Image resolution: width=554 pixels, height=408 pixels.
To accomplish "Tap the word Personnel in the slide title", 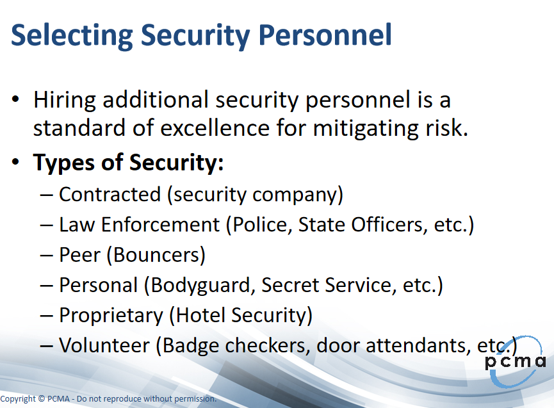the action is pos(325,35).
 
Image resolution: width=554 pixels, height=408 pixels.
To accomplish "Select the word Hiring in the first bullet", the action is pos(64,101).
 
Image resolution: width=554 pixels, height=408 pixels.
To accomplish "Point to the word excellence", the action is pos(215,127).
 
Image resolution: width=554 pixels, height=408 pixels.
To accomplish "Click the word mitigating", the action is pos(366,129).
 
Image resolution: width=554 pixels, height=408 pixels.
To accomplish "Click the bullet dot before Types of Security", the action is pos(15,162).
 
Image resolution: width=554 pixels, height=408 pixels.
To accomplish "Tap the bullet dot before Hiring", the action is pos(15,99).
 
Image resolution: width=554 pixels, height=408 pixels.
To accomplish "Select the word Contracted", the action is pos(110,194).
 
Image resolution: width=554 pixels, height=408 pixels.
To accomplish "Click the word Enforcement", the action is pos(160,225).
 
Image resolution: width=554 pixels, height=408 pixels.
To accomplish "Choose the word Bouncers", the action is pos(156,255).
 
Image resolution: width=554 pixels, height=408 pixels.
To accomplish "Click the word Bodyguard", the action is pos(200,286).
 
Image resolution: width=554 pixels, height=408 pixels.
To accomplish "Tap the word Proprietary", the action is pos(111,316).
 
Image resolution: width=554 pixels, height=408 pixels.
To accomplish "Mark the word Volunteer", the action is pos(104,345).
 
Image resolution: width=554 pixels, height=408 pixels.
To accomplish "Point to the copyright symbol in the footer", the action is pos(42,399).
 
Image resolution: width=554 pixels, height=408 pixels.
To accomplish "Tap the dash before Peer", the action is pos(47,256).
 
